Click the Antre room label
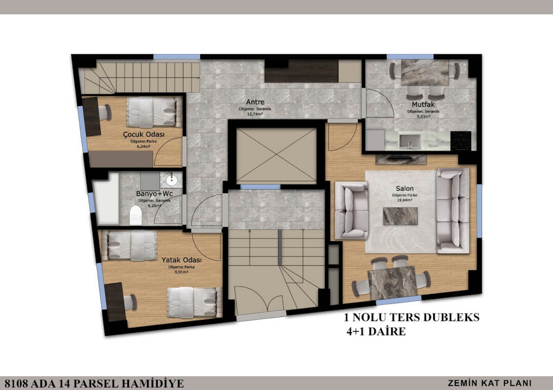tap(254, 101)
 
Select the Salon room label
tap(403, 189)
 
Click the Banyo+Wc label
tap(154, 194)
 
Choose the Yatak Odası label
tap(181, 260)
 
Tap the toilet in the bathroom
tap(136, 215)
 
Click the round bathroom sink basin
tap(171, 180)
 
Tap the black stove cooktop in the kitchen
tap(461, 138)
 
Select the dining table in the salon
tap(392, 282)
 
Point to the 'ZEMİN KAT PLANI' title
tap(489, 382)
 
